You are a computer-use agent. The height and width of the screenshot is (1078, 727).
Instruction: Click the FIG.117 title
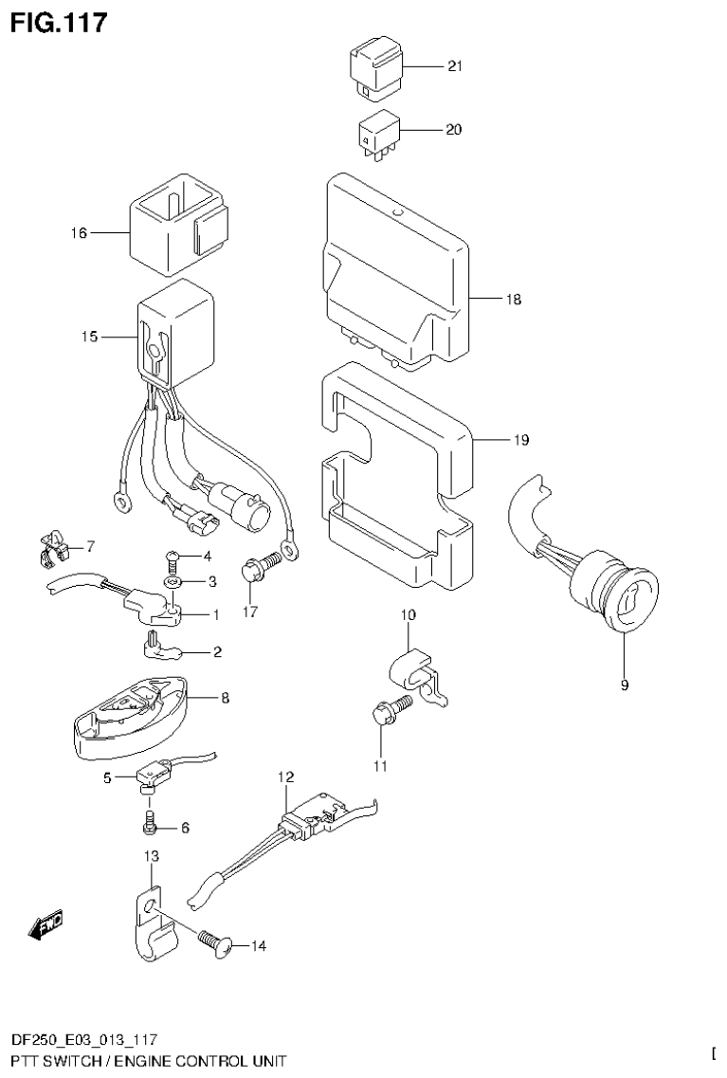(x=59, y=21)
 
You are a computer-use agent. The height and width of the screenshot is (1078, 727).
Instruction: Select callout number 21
(x=454, y=66)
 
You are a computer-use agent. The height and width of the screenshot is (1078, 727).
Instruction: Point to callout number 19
(x=521, y=440)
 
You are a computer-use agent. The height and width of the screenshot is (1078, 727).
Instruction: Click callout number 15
(x=90, y=337)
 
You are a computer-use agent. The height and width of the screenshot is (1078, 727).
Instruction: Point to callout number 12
(x=286, y=777)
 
